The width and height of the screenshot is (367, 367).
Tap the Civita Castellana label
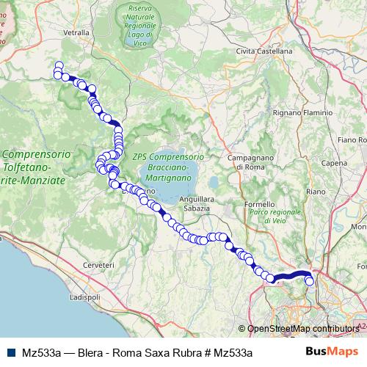click(264, 51)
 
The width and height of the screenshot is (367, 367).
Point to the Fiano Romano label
click(352, 139)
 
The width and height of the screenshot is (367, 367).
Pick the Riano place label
click(316, 191)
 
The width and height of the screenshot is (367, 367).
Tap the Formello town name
click(259, 203)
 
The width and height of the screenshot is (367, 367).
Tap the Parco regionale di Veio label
click(276, 216)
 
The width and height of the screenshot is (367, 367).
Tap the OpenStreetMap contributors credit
click(302, 329)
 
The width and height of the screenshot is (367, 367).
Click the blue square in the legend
click(12, 352)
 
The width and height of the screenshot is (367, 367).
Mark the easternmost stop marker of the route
click(310, 280)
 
